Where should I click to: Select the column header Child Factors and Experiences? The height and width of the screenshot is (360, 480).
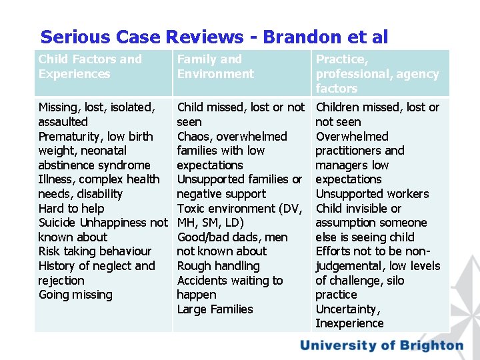pos(90,67)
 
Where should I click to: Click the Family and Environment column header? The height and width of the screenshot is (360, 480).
pos(215,67)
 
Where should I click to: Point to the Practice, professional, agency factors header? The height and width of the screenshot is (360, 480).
pos(377,73)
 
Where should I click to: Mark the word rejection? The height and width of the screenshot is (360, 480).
pos(61,281)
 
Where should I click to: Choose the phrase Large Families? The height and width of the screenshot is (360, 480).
pos(215,309)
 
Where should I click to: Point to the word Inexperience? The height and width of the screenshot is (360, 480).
pos(349,323)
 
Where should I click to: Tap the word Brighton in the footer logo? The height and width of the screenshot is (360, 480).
pos(430,345)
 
